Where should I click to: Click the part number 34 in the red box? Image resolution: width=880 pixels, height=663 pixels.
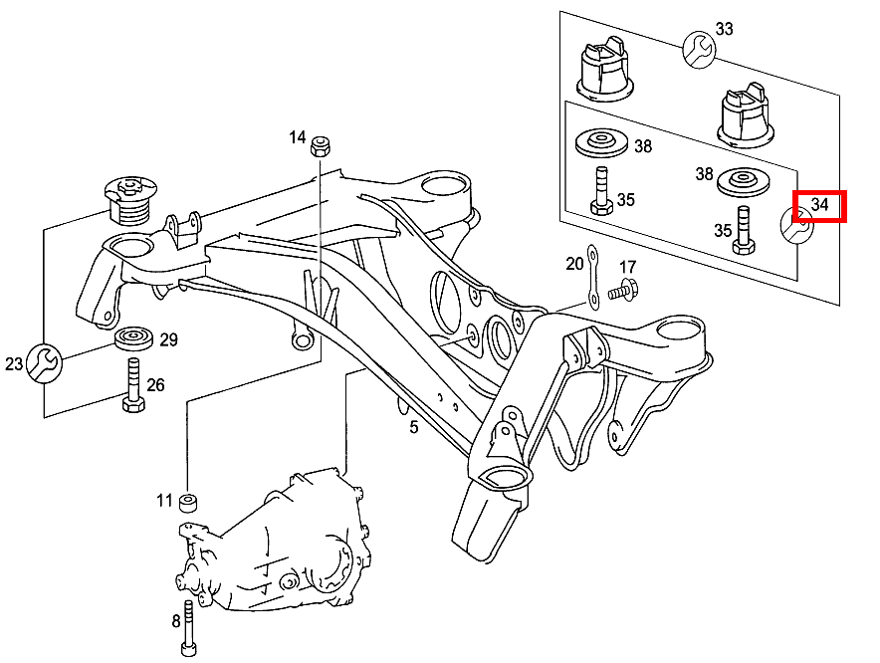[x=819, y=205]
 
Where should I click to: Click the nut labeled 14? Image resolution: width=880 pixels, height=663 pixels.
[x=322, y=145]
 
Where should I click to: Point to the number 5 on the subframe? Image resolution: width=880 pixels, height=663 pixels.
[x=413, y=428]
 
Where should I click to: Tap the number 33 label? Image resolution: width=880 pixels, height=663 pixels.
[x=724, y=30]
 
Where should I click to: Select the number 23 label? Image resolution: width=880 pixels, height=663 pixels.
[x=14, y=364]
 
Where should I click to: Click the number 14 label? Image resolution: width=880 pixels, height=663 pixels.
[x=298, y=137]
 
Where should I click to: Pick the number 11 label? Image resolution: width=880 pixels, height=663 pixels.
[x=164, y=500]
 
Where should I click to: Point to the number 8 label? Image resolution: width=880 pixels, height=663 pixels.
[x=176, y=621]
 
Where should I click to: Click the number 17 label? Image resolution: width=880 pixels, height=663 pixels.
[x=627, y=267]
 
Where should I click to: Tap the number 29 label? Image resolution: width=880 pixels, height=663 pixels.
[x=168, y=339]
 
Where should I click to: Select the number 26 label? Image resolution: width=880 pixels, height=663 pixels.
[x=156, y=385]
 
